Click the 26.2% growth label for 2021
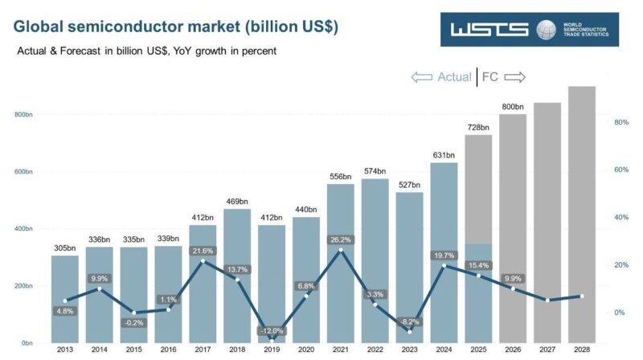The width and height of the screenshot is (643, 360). point(340,239)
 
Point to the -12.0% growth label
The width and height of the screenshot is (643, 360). point(272,331)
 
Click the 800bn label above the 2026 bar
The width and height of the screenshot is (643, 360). point(512,106)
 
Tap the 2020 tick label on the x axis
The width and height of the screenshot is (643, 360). point(306,350)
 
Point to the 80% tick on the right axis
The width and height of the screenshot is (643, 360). point(620,122)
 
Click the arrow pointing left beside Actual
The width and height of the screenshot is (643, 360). point(421,77)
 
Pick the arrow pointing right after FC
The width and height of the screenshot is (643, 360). point(515,77)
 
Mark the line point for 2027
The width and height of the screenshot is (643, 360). point(547,301)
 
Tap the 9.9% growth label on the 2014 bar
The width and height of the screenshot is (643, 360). point(100,278)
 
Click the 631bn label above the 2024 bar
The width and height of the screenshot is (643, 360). point(444,155)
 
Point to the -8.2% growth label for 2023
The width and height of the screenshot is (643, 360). point(409,321)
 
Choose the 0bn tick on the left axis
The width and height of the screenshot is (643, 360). point(26,343)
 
